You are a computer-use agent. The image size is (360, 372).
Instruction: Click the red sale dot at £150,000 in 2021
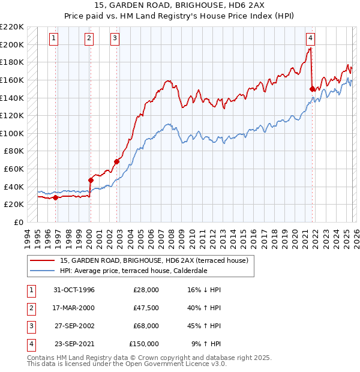312,89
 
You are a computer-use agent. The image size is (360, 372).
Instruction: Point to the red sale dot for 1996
55,197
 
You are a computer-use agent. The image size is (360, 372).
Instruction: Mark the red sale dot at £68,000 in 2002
116,161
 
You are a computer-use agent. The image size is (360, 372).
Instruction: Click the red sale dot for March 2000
91,179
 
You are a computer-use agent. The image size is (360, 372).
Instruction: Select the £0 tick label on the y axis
18,222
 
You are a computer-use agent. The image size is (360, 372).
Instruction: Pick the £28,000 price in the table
146,290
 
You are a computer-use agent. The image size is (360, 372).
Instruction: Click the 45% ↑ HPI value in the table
204,326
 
